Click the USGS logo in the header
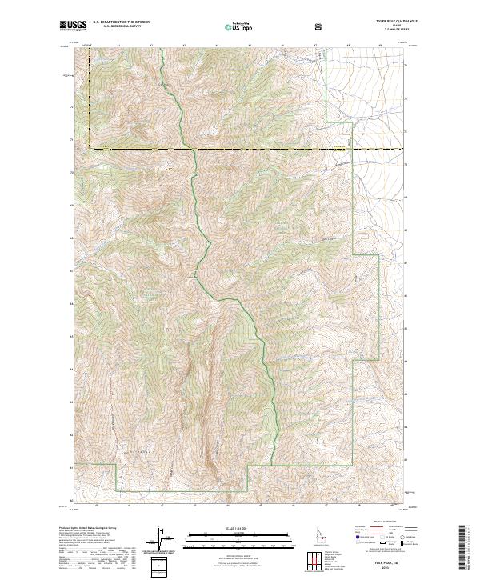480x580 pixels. pos(74,26)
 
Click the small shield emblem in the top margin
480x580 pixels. pos(319,26)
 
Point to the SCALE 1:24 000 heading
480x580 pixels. pos(229,526)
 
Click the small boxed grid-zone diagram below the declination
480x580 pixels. pos(160,565)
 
